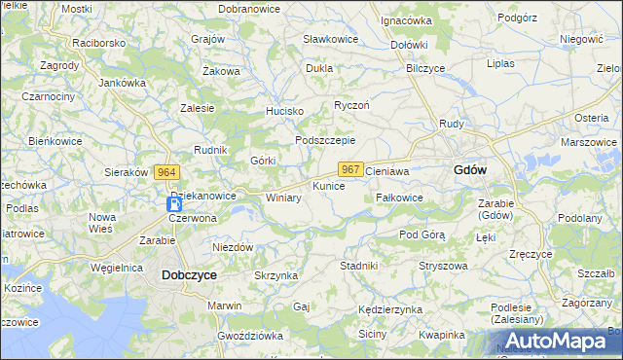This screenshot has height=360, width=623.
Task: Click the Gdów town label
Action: click(x=470, y=169)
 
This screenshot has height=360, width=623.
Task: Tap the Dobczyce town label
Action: click(x=188, y=275)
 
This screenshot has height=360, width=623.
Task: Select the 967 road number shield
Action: click(x=352, y=169)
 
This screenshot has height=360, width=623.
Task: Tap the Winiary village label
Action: click(x=283, y=198)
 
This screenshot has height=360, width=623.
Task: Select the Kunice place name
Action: click(x=328, y=185)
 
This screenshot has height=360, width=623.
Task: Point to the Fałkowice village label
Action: click(x=399, y=197)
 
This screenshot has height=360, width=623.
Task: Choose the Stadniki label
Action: click(x=358, y=265)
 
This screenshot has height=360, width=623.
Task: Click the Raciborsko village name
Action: click(x=99, y=44)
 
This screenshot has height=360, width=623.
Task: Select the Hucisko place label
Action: click(x=285, y=111)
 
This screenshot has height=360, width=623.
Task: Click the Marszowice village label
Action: click(x=588, y=142)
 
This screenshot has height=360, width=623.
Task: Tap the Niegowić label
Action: click(x=582, y=39)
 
